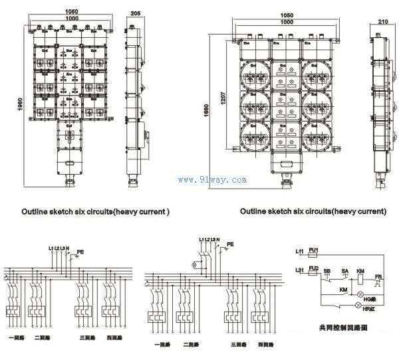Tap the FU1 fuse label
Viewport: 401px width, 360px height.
coord(314,250)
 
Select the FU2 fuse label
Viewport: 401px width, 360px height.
coord(314,270)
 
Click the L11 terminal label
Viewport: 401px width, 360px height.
coord(300,252)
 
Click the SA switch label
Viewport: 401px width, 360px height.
coord(345,271)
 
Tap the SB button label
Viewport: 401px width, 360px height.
coord(328,271)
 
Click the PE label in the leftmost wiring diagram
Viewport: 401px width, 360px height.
coord(80,252)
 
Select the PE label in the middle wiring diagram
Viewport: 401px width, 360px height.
coord(230,244)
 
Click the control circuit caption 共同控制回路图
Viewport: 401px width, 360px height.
coord(340,327)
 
